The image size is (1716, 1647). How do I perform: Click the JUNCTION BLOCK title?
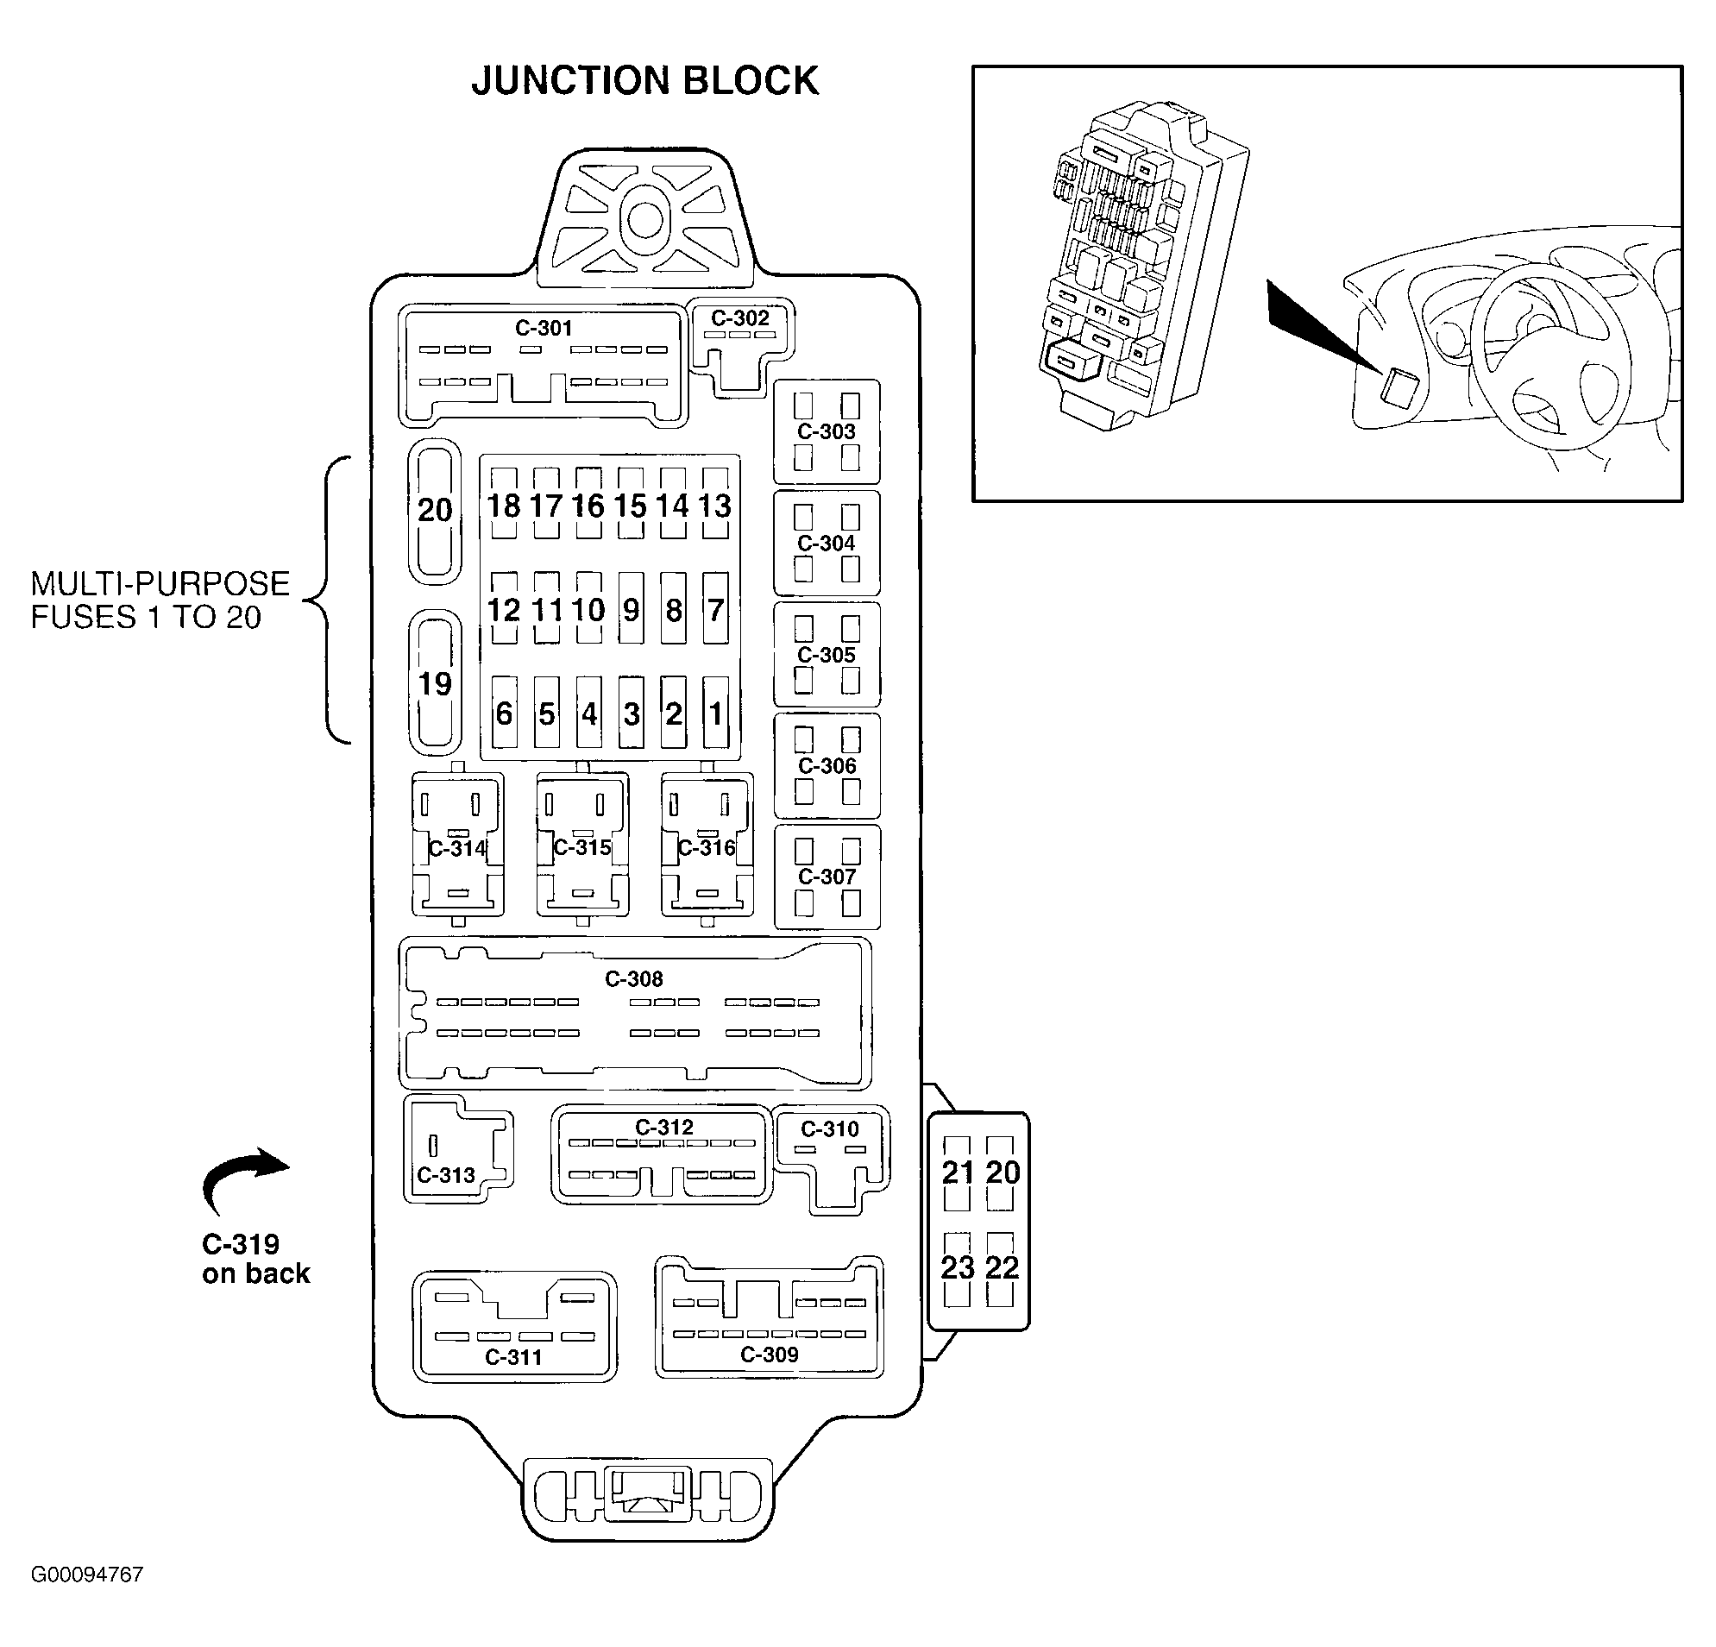click(x=644, y=80)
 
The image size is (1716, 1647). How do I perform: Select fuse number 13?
click(x=715, y=505)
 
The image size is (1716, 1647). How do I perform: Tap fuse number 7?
click(x=715, y=608)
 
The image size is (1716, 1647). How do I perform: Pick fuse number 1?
click(x=715, y=713)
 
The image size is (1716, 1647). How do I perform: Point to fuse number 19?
click(x=435, y=683)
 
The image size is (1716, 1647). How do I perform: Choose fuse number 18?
click(x=504, y=505)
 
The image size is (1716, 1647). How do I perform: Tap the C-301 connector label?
click(x=543, y=328)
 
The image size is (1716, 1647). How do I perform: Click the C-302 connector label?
click(x=740, y=317)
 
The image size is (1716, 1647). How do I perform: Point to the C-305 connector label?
click(x=827, y=654)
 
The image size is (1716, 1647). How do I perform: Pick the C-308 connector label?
click(x=634, y=978)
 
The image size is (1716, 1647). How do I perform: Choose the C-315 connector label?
click(x=582, y=846)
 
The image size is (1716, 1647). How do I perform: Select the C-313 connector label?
click(x=446, y=1174)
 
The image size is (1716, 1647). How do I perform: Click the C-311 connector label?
click(x=514, y=1356)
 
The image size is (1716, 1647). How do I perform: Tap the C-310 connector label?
click(x=830, y=1128)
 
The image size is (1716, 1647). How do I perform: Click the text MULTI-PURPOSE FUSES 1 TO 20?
click(x=160, y=600)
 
